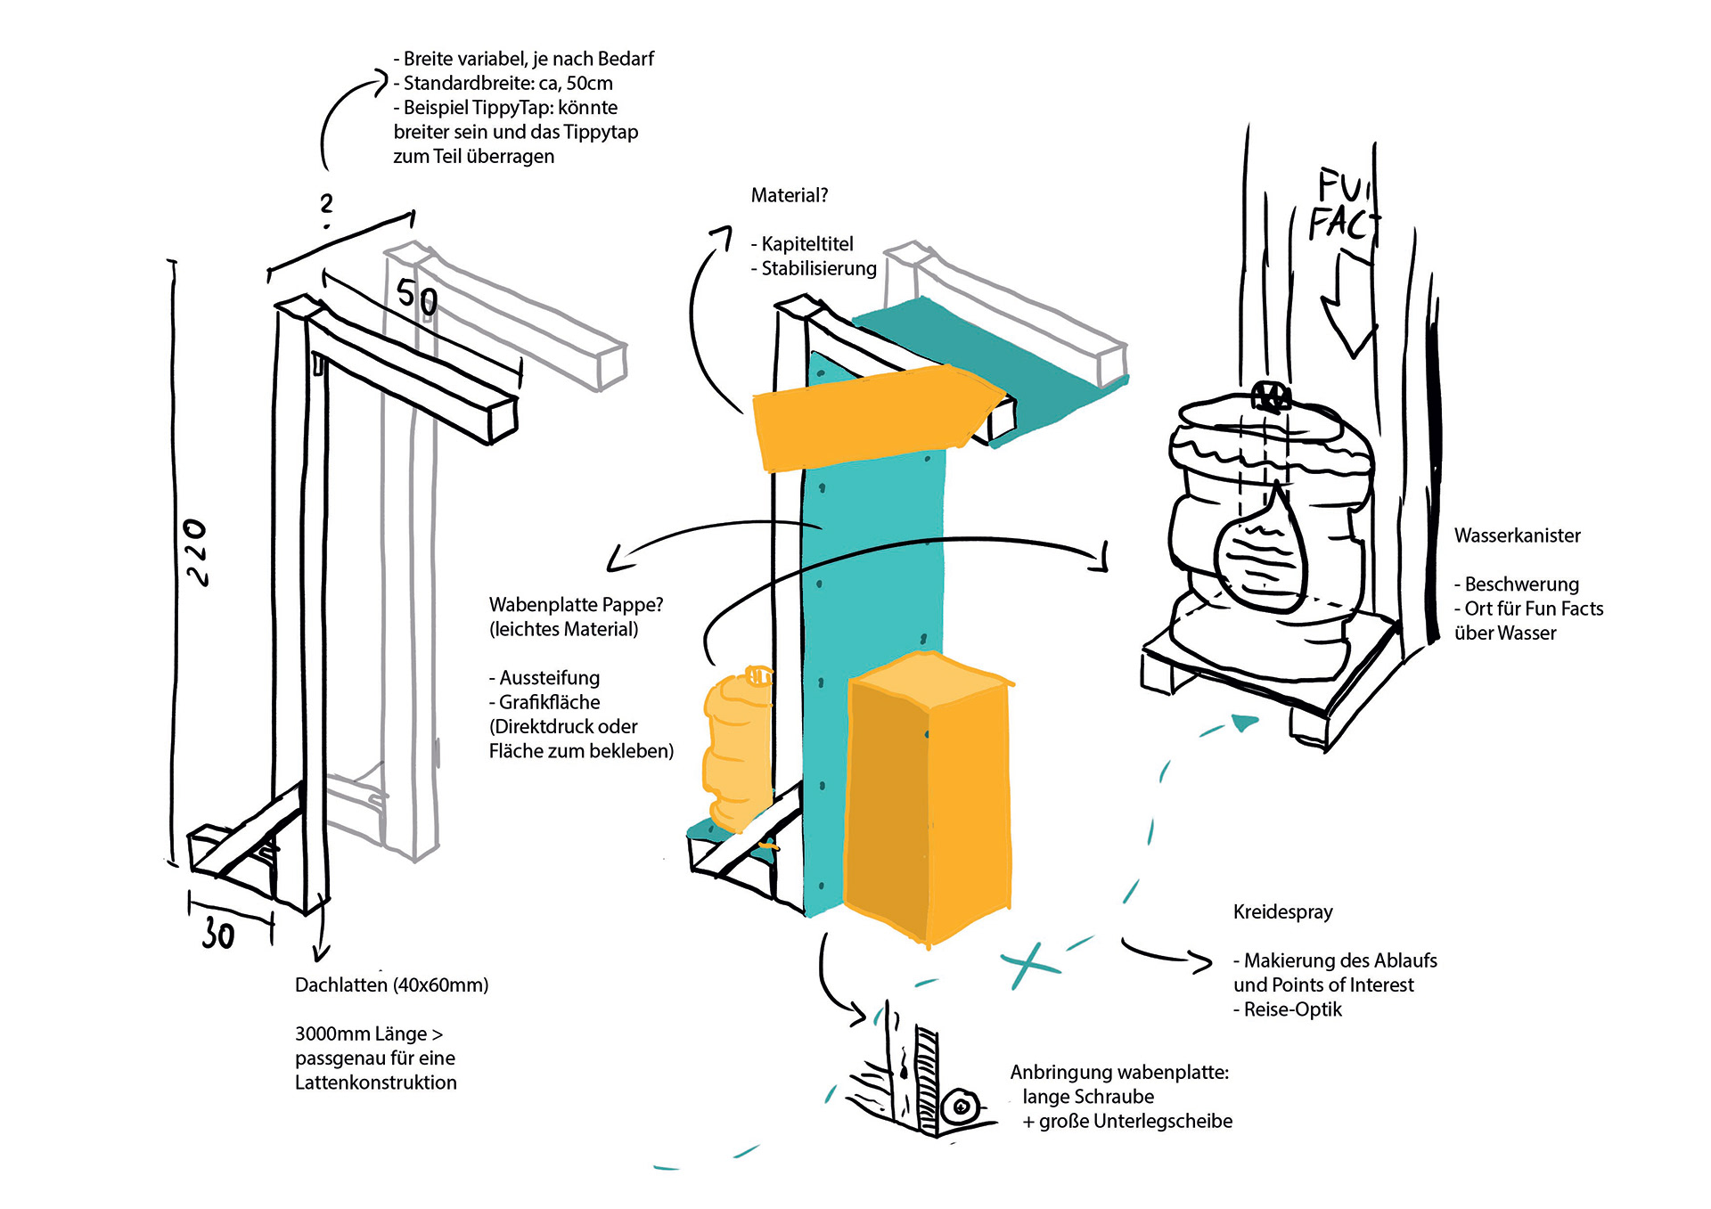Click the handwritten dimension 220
(x=195, y=552)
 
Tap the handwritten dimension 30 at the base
(x=217, y=935)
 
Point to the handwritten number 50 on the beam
(x=417, y=297)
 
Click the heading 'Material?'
(x=789, y=195)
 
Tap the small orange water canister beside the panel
(x=738, y=748)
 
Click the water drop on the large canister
(x=1259, y=552)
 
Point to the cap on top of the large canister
(x=1271, y=396)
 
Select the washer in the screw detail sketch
(x=962, y=1107)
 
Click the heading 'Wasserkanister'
(x=1517, y=535)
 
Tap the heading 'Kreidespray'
(x=1282, y=911)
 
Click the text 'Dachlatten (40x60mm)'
(x=391, y=984)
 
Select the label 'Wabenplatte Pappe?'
(x=576, y=604)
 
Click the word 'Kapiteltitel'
(x=806, y=244)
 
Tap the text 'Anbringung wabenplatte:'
(x=1119, y=1072)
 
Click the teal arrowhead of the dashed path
(x=1244, y=723)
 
